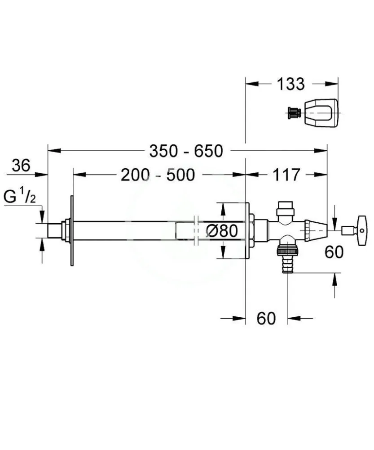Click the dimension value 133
290,84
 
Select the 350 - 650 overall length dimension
186,151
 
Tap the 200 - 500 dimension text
158,175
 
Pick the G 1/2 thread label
20,197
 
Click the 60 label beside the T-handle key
334,251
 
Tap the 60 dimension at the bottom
266,318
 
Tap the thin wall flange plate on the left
71,230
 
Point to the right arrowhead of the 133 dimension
333,84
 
